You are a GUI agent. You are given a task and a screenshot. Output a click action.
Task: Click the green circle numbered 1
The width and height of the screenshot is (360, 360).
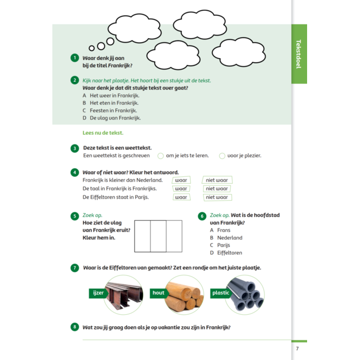click(75, 58)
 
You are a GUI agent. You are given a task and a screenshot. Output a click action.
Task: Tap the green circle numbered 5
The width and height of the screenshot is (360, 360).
click(75, 216)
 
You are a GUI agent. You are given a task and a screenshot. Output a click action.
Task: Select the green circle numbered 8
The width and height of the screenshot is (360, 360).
click(75, 327)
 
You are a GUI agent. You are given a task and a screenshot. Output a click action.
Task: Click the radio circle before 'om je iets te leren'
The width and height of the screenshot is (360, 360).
click(160, 156)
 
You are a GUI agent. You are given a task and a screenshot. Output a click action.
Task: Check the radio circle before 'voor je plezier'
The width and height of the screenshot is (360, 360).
click(222, 156)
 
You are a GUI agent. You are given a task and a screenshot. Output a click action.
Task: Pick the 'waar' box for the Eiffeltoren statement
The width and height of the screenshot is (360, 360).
click(182, 197)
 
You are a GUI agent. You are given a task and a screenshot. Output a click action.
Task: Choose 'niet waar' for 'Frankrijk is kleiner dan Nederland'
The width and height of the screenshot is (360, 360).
click(217, 180)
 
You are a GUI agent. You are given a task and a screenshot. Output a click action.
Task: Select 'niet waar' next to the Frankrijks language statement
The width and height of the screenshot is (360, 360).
click(217, 189)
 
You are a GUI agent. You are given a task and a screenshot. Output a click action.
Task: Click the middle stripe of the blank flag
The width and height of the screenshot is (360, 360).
click(158, 236)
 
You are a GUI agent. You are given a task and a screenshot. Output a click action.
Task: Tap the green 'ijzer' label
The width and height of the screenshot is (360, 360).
click(98, 293)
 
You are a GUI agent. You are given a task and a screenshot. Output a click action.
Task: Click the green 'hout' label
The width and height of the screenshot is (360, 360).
click(159, 293)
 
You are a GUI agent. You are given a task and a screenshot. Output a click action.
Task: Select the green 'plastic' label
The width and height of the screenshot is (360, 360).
click(221, 293)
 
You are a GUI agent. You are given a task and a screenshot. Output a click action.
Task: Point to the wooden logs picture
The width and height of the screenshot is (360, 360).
click(184, 295)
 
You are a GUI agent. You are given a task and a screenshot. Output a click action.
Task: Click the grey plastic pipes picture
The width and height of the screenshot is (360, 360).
click(245, 295)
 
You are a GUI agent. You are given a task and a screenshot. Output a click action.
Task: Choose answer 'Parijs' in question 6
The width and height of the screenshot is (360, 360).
click(224, 245)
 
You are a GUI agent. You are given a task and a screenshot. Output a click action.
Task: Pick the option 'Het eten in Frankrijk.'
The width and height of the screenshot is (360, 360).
click(114, 103)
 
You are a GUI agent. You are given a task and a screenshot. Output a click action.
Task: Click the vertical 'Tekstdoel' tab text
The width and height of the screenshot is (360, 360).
click(298, 54)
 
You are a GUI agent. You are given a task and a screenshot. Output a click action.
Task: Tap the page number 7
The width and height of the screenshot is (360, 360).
click(297, 349)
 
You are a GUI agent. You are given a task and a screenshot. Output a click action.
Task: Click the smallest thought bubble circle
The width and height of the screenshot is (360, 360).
click(92, 48)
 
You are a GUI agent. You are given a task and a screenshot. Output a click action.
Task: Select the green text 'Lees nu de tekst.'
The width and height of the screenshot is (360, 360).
click(103, 133)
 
